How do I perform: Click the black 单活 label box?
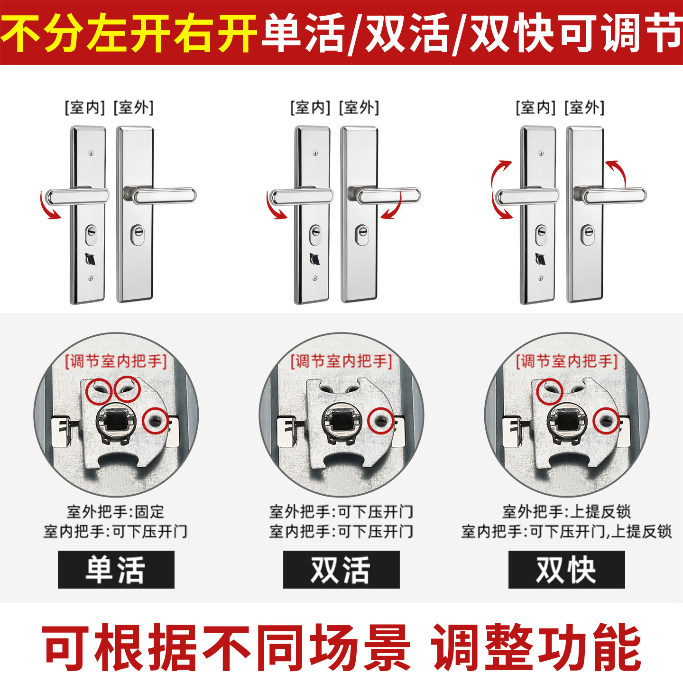click(116, 570)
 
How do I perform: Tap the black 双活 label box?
click(341, 570)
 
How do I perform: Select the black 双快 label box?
click(566, 570)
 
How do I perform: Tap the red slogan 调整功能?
click(536, 647)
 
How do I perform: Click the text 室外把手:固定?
click(116, 511)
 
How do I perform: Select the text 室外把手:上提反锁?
click(566, 511)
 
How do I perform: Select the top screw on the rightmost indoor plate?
click(541, 153)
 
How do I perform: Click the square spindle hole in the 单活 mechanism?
click(116, 421)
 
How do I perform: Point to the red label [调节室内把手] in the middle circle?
click(341, 362)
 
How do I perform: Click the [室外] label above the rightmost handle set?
click(584, 107)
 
